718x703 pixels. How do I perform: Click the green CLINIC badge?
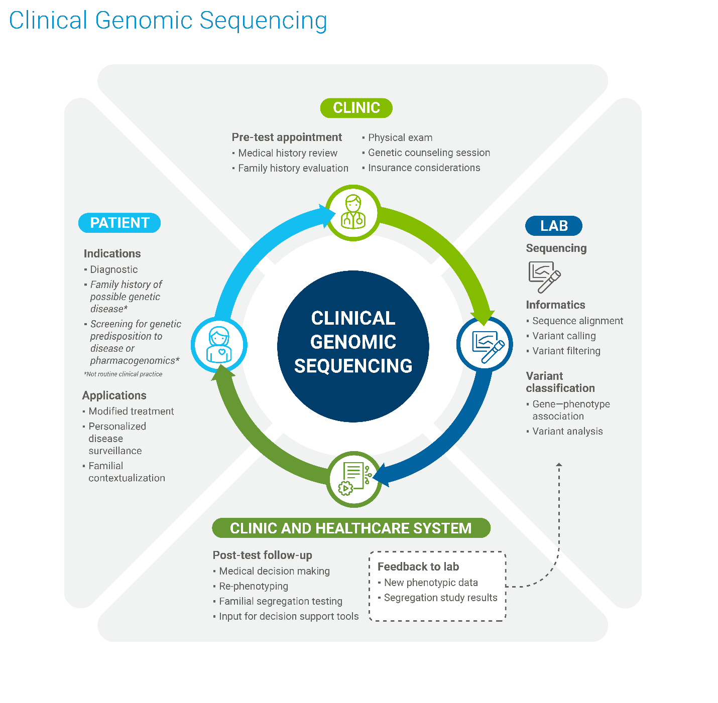[x=356, y=108]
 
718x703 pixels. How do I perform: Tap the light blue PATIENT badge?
[x=119, y=223]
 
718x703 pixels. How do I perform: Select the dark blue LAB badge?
[x=553, y=226]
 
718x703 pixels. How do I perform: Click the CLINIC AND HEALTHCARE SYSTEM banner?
[x=351, y=528]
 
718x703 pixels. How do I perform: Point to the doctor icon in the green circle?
[x=353, y=212]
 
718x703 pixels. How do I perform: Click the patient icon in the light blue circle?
[x=219, y=345]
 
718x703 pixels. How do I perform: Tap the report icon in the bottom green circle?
[x=354, y=479]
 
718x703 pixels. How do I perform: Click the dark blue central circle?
[x=353, y=346]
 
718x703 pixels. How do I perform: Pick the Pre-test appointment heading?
[x=287, y=137]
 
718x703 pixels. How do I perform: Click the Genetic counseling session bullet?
[x=429, y=153]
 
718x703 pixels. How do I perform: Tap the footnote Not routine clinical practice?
[x=123, y=374]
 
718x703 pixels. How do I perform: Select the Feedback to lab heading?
[x=418, y=567]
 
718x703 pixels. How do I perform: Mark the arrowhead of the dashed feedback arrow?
[x=559, y=465]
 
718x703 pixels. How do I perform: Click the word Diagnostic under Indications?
[x=113, y=269]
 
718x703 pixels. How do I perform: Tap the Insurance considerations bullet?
[x=424, y=168]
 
